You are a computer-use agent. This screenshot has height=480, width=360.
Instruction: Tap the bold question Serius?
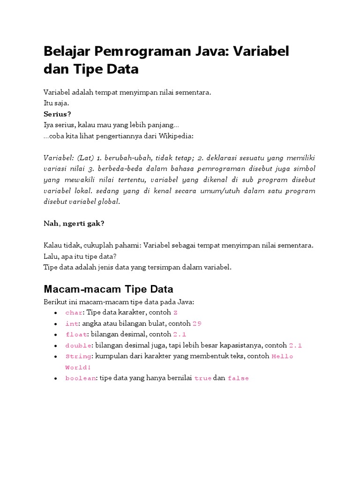coord(57,114)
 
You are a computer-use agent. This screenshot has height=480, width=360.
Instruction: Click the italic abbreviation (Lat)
coord(86,157)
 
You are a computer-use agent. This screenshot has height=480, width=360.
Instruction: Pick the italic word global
coord(108,202)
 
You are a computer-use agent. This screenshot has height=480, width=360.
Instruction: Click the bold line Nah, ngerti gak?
coord(74,223)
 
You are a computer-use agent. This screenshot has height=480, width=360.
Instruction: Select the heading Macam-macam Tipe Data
coord(108,289)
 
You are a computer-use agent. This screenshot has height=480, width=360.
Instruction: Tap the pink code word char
coord(74,313)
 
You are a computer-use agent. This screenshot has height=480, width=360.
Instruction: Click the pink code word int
coord(72,323)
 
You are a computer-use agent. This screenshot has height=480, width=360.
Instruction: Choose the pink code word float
coord(76,335)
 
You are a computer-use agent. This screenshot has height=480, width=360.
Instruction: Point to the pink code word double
coord(78,345)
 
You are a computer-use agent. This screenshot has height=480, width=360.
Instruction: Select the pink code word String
coord(78,356)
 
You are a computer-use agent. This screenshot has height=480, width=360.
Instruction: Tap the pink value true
coord(202,378)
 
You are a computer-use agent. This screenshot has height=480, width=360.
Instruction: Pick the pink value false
coord(238,378)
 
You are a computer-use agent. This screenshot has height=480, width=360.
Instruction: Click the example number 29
coord(197,323)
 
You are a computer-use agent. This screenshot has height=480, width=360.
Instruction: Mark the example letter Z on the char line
coord(175,313)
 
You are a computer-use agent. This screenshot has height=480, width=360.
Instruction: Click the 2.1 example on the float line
coord(180,335)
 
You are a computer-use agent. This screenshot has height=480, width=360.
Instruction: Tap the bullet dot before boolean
coord(56,378)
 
